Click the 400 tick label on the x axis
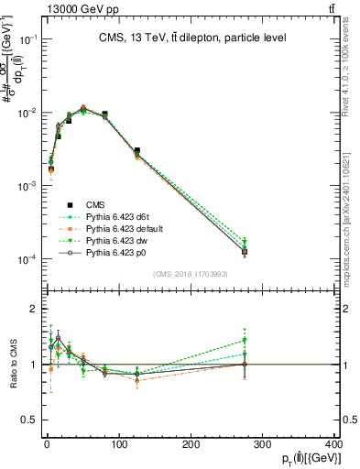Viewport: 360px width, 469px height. tap(333, 445)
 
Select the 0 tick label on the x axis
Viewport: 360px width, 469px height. tap(46, 445)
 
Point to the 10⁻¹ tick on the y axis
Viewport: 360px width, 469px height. tap(27, 39)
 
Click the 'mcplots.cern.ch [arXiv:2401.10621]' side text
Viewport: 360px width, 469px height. tap(352, 202)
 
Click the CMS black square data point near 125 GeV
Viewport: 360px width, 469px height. tap(136, 151)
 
